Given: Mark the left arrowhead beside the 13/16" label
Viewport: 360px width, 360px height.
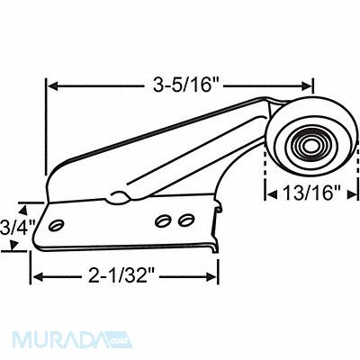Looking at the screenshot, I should coord(267,191).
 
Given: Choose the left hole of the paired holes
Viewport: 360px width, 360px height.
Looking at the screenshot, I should coord(165,219).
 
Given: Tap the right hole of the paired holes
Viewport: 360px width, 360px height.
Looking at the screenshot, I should coord(184,219).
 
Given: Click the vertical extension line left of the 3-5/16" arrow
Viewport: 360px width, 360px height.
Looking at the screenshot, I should coord(45,126).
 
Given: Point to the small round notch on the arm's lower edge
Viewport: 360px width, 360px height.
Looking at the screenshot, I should coord(114,194).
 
